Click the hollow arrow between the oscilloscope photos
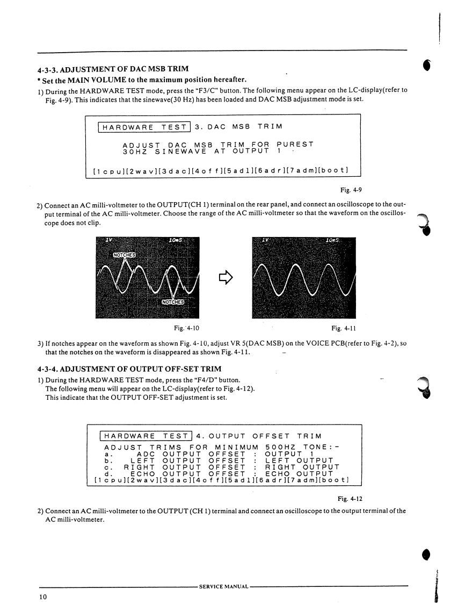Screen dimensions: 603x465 click(226, 276)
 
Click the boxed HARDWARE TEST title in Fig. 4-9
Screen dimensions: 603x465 click(142, 127)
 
